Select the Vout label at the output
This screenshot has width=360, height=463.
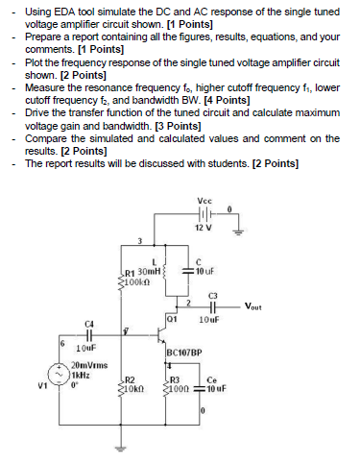point(253,307)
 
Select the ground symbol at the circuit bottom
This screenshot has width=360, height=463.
point(120,445)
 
